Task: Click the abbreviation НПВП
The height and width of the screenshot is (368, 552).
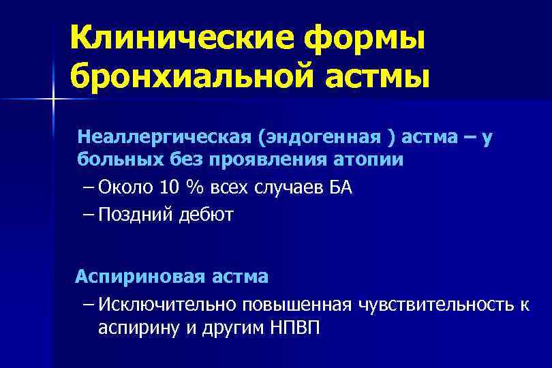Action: (x=292, y=327)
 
